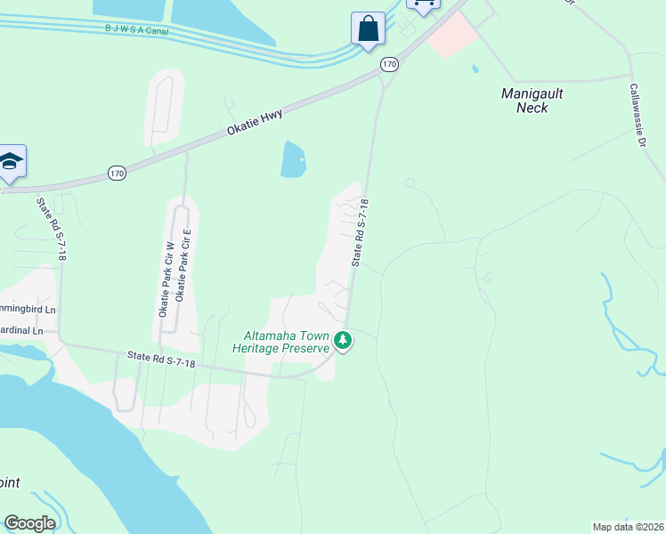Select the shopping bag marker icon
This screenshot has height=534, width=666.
[x=368, y=28]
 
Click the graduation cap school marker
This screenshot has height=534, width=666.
[x=11, y=161]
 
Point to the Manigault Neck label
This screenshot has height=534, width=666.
[x=532, y=100]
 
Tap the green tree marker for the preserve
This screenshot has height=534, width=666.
[x=343, y=340]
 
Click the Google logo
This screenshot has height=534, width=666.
[x=29, y=523]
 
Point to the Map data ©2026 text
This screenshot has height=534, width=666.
[x=628, y=527]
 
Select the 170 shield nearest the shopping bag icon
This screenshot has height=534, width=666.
[x=389, y=64]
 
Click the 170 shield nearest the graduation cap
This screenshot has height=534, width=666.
[x=118, y=173]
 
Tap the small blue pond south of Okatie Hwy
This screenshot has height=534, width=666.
[x=293, y=160]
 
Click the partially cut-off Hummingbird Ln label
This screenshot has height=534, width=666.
[x=27, y=309]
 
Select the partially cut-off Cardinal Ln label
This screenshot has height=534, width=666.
[x=21, y=330]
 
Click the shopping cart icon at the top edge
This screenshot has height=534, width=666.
[x=423, y=4]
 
